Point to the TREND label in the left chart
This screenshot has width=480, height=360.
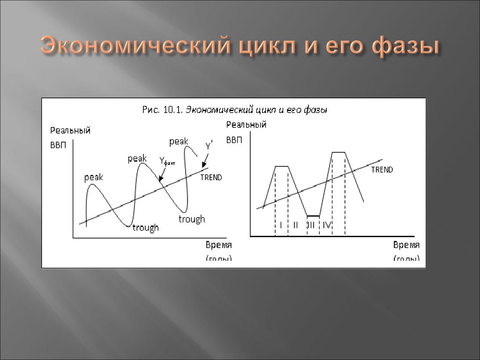[x=211, y=178]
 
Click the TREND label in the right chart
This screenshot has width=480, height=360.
[x=382, y=170]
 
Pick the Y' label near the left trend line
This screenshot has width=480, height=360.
[x=209, y=145]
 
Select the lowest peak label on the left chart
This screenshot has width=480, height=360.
[x=94, y=178]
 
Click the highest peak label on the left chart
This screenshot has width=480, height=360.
[x=179, y=141]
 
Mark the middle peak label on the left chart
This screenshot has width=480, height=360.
[x=137, y=159]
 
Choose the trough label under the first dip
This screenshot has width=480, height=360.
[x=145, y=228]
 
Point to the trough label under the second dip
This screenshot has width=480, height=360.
[x=192, y=219]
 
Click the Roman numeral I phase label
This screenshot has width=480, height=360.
[x=281, y=225]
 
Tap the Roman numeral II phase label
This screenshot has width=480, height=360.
[x=295, y=225]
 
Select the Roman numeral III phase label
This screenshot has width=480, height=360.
[x=312, y=225]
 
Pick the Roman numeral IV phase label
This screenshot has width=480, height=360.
[x=327, y=225]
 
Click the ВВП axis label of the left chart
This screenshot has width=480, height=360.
[x=58, y=145]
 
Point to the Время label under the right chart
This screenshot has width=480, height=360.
[x=406, y=245]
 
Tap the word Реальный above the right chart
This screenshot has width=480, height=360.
[x=246, y=124]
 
